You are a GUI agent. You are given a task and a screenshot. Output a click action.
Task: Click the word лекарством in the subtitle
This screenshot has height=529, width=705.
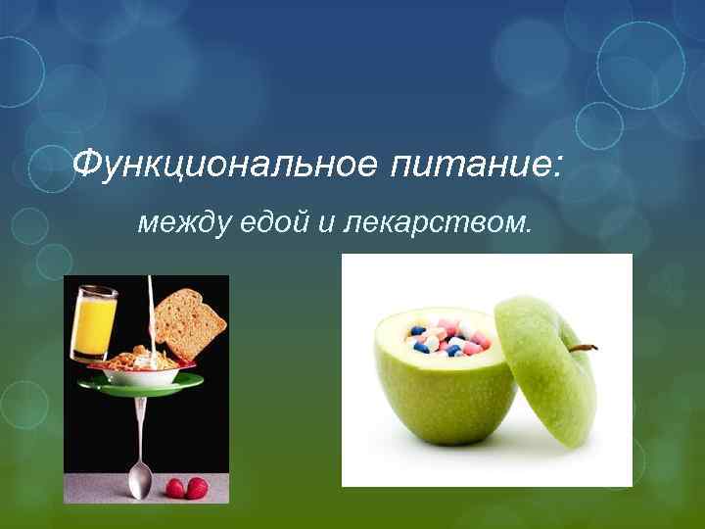coord(438,223)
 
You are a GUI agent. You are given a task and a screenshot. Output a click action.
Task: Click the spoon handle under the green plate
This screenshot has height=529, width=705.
coord(143,431)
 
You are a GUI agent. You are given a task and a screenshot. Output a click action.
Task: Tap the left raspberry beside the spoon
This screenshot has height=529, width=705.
coord(174,487)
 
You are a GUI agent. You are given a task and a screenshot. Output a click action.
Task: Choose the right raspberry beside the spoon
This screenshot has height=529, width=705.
coord(197,487)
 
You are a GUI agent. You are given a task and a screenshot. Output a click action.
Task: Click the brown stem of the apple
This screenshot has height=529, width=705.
coord(584,347)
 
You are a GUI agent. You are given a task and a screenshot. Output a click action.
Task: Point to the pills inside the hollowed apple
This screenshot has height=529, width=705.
coord(446,336)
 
